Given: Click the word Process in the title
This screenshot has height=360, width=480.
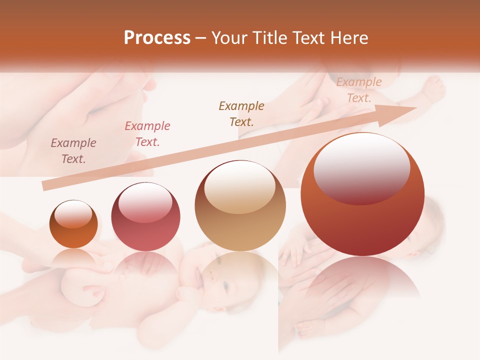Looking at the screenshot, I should point(157,38).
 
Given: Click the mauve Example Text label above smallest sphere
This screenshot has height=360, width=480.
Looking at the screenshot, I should point(73,151).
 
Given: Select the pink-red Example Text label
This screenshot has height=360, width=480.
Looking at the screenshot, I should point(147,134).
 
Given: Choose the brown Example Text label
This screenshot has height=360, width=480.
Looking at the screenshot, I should point(241,113).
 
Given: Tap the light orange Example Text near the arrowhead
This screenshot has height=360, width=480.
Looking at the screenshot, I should point(359,90).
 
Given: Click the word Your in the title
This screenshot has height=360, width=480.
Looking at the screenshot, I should point(227,38).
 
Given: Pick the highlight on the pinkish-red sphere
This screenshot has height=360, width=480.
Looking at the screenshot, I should point(145,202).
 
